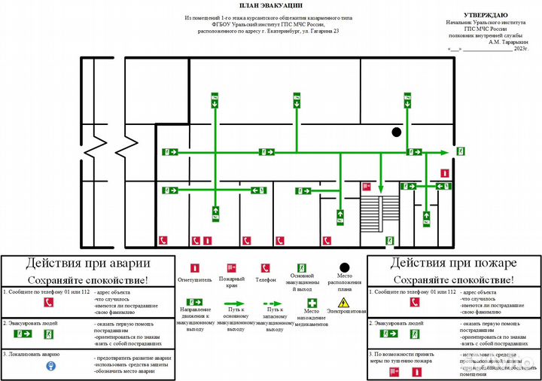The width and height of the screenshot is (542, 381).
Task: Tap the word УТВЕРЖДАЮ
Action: tap(486, 14)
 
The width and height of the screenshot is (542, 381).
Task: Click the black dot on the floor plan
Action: tap(396, 133)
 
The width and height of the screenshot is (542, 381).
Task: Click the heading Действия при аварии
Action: tap(88, 264)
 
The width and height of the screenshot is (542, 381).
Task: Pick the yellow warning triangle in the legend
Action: tap(343, 302)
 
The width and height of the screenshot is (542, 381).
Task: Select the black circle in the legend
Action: tap(345, 267)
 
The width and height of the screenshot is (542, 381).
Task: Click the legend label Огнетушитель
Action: tap(194, 280)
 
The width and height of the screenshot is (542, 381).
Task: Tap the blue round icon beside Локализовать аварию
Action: tap(51, 367)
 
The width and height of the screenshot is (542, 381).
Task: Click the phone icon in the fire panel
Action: tap(414, 302)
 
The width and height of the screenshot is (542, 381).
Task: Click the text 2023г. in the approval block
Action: tap(520, 49)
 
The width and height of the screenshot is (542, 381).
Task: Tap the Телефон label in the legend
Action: tap(266, 279)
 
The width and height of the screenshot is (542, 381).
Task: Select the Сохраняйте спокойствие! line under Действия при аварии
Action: tap(88, 279)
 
